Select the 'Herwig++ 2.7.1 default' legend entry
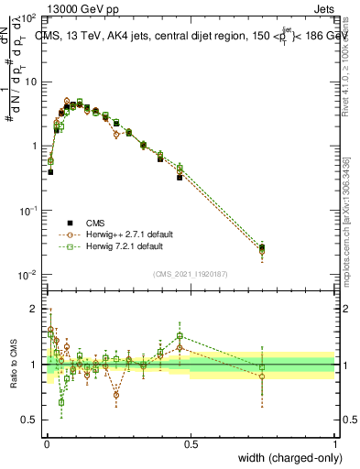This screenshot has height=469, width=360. (119, 234)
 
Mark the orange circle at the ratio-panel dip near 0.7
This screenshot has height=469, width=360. (116, 396)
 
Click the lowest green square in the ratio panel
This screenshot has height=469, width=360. (61, 402)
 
